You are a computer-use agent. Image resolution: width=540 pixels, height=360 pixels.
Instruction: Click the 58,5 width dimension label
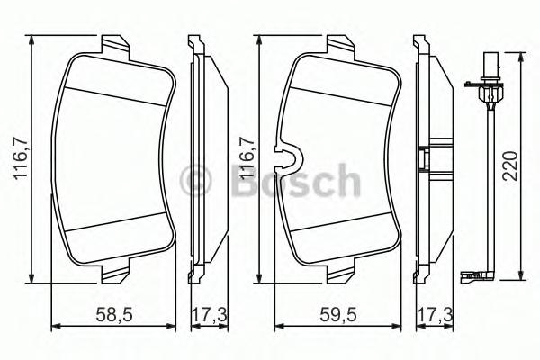coord(114,314)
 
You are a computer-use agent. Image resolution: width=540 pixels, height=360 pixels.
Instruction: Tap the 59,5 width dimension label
coord(338,314)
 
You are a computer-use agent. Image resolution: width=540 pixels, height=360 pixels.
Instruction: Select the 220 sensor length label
coord(510,166)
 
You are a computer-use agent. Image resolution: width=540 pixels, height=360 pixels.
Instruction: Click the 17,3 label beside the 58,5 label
coord(210,314)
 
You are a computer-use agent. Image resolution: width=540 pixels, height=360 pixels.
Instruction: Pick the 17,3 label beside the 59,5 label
coord(435,314)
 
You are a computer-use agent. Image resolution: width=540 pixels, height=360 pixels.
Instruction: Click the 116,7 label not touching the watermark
coord(21,158)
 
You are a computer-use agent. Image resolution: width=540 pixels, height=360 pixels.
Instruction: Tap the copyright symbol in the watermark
coord(195,180)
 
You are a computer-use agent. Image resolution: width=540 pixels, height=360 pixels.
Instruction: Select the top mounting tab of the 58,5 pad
coord(115,48)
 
